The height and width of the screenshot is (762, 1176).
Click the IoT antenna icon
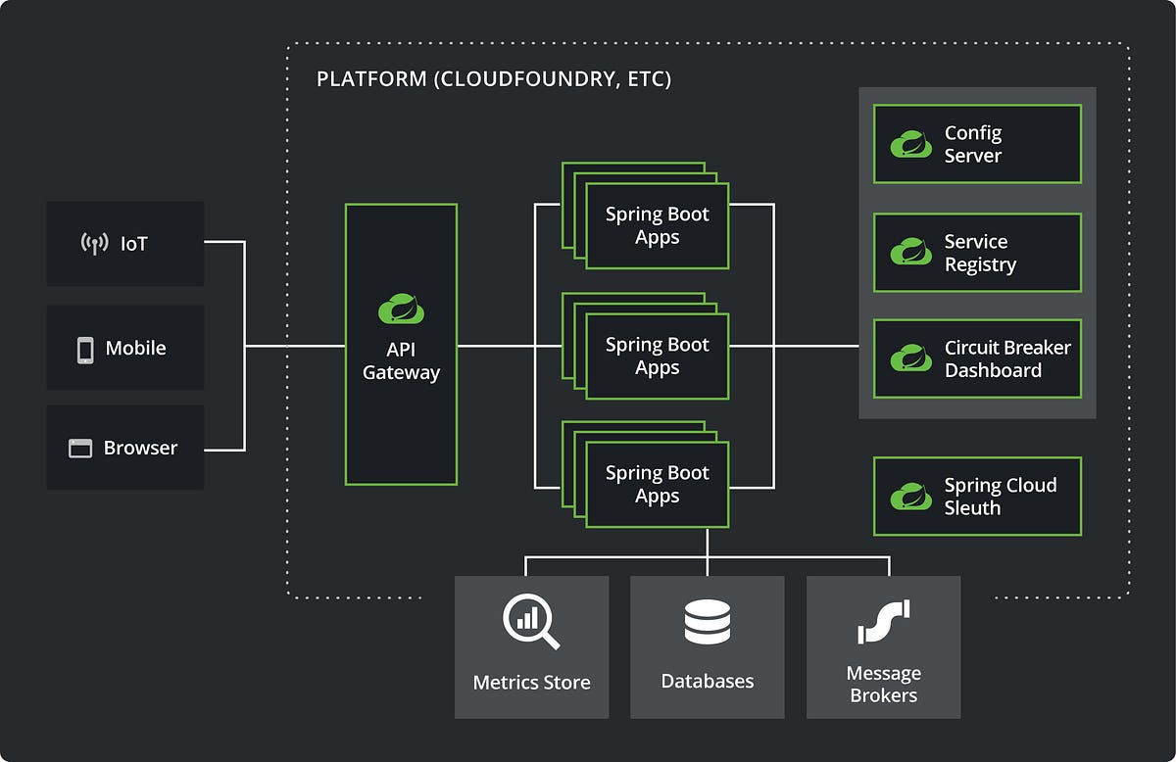(x=94, y=244)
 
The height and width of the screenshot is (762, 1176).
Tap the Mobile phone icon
(x=85, y=349)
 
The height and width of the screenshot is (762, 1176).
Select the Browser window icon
(x=80, y=449)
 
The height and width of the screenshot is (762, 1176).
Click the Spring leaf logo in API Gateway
(x=401, y=309)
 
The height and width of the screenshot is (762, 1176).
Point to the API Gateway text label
(x=401, y=361)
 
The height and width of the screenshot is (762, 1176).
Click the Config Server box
(x=977, y=144)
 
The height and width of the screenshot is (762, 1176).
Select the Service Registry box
(x=977, y=253)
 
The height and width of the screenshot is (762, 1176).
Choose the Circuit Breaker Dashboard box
(x=977, y=358)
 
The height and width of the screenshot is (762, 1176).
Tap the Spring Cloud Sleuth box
(x=977, y=497)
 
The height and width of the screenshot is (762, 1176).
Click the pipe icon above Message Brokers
(x=883, y=622)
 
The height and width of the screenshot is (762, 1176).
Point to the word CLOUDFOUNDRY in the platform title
(x=527, y=79)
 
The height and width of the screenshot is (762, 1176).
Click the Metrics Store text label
(x=531, y=682)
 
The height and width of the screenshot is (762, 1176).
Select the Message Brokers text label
(x=883, y=685)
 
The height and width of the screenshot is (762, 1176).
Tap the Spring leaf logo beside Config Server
(x=910, y=144)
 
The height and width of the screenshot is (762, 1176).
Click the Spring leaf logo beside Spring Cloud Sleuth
(x=910, y=497)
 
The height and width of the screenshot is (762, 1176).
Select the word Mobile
(x=135, y=349)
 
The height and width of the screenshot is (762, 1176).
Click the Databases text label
(x=707, y=682)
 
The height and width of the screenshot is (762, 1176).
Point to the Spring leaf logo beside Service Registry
(x=910, y=253)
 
